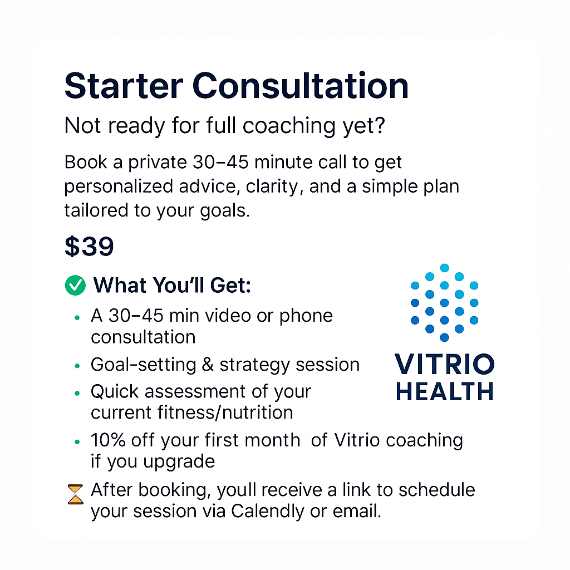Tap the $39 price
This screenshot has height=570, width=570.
coord(89,246)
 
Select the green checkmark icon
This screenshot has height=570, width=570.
coord(75,286)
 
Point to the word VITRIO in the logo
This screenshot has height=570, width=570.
coord(444,365)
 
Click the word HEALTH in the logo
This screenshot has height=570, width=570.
coord(444,391)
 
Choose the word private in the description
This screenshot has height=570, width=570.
coord(145,163)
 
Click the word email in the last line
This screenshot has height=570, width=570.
coord(357,510)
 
